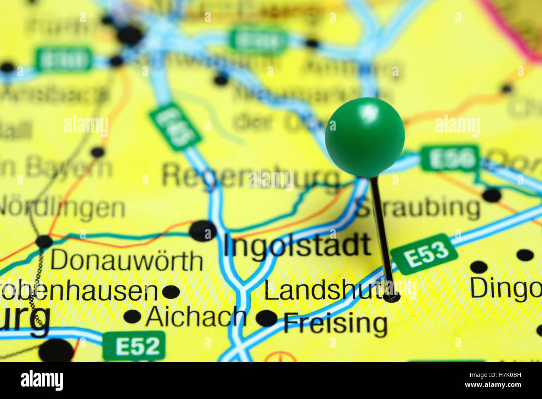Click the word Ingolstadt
[297, 245]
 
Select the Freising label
[335, 324]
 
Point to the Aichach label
[196, 317]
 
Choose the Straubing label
[419, 208]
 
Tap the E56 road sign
[450, 158]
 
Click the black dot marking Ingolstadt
[203, 231]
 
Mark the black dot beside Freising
[266, 318]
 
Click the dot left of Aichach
[132, 316]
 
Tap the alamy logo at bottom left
[42, 380]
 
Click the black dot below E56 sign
[492, 195]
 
